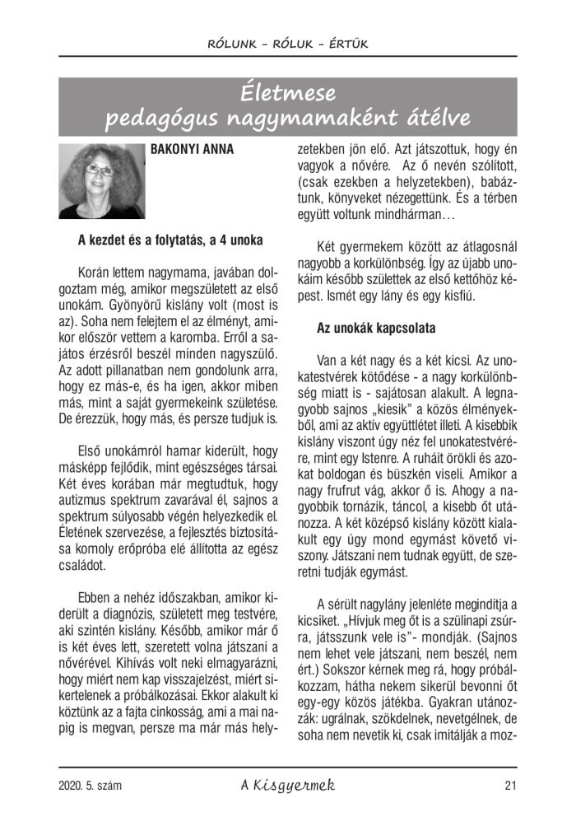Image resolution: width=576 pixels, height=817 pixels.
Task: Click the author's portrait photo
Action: (101, 181)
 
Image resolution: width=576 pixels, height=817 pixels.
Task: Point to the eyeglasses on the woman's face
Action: (99, 170)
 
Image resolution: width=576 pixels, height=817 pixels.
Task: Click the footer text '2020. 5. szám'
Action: (91, 786)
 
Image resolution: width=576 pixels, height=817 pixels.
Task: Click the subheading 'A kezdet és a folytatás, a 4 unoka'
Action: (170, 240)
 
